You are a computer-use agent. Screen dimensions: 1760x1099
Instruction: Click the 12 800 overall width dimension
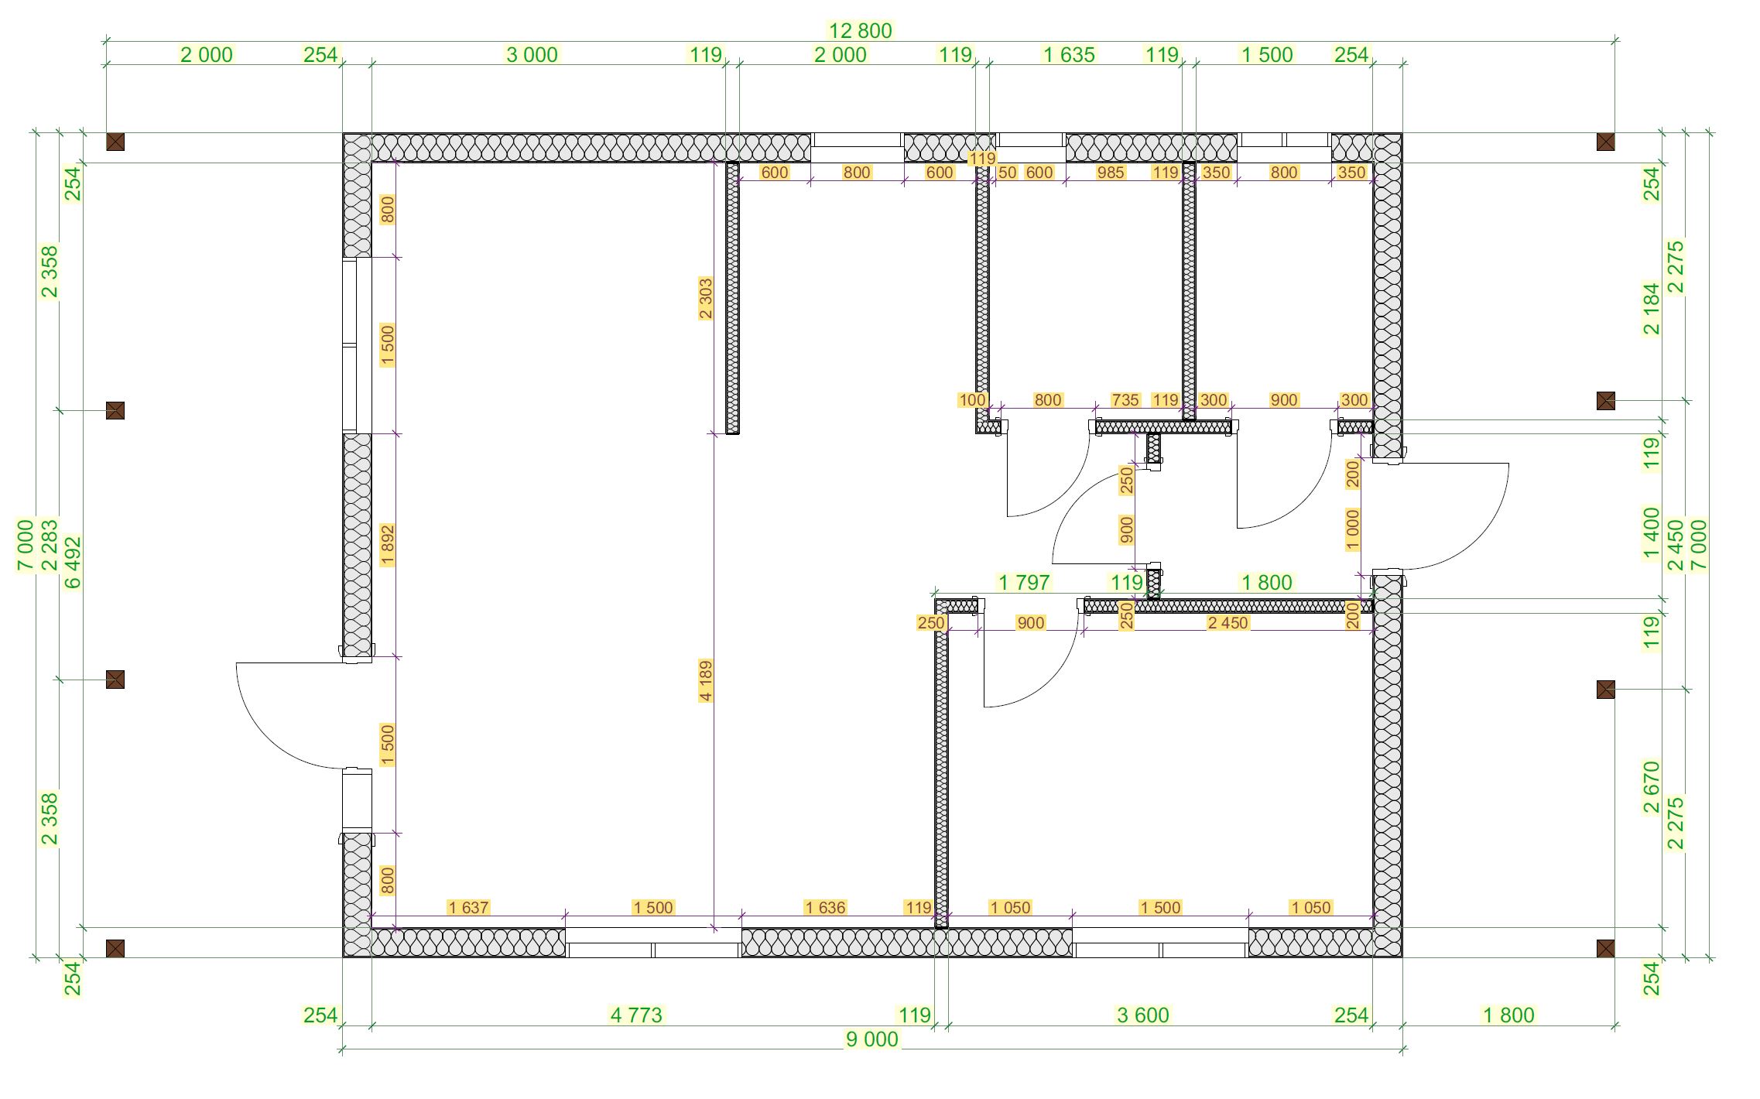860,31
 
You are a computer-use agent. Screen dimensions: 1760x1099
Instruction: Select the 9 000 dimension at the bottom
871,1039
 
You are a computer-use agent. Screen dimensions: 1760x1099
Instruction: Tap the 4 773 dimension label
636,1015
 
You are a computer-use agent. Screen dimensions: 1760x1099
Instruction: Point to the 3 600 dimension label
1142,1015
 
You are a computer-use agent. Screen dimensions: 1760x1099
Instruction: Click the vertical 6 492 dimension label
73,563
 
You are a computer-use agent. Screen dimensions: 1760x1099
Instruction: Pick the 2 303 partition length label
705,298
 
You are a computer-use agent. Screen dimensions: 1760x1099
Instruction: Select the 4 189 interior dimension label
705,680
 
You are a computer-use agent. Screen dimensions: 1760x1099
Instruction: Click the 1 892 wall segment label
388,545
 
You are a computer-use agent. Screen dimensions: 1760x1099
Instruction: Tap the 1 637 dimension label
468,907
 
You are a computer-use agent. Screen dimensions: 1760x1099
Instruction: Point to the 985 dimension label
1110,173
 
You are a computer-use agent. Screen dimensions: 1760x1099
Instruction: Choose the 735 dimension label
1125,400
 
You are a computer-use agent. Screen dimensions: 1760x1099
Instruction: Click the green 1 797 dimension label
1024,582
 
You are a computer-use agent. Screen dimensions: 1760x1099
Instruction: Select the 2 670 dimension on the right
1652,787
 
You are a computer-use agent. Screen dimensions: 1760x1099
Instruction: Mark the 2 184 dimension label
1652,309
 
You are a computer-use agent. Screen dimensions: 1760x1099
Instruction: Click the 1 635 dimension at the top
1069,54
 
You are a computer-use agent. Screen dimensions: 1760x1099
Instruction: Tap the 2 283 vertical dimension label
50,545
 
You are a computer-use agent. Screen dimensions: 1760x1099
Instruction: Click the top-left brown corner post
115,142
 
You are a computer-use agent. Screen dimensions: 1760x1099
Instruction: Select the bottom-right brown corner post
1606,948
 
